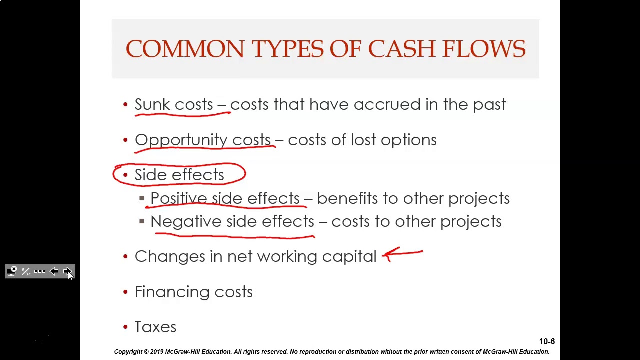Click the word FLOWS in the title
click(x=484, y=49)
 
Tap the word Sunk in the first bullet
click(x=152, y=104)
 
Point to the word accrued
click(x=387, y=104)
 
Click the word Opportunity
click(x=181, y=140)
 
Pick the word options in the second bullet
click(x=408, y=140)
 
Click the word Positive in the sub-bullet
click(x=179, y=198)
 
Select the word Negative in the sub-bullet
click(x=186, y=221)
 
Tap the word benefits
click(x=347, y=198)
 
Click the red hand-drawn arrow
click(x=402, y=254)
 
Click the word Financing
click(x=172, y=292)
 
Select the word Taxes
click(x=155, y=327)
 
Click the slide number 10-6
click(x=547, y=342)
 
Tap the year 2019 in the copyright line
click(x=157, y=352)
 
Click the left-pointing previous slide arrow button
click(x=54, y=271)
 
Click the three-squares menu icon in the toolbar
click(x=40, y=271)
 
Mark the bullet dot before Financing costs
click(x=125, y=292)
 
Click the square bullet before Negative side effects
click(x=142, y=221)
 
